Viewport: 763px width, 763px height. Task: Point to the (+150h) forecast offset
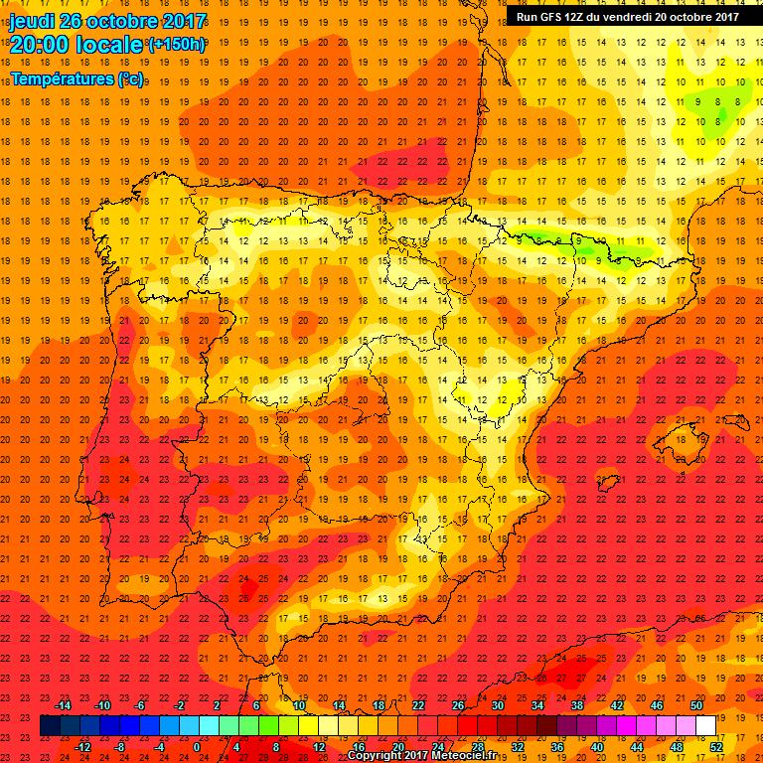coord(177,45)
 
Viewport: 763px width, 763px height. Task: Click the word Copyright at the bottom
coord(376,756)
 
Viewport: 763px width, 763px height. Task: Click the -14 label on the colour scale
coord(64,705)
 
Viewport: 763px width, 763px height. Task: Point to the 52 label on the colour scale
coord(716,747)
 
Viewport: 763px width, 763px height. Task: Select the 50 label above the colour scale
coord(696,705)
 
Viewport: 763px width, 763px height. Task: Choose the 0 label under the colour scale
coord(197,747)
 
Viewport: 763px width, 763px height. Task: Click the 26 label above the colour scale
coord(458,705)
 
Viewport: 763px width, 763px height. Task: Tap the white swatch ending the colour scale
coord(706,726)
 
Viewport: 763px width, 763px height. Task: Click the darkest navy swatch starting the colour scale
coord(50,726)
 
